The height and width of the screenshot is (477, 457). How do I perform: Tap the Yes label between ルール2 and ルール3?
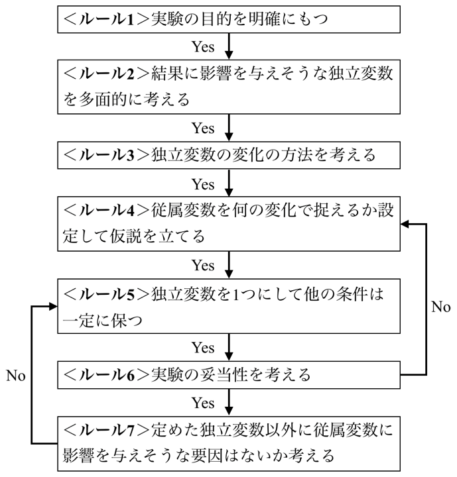click(204, 127)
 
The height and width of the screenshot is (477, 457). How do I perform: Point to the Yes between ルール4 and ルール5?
click(204, 264)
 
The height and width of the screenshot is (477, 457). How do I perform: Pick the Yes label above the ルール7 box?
click(204, 401)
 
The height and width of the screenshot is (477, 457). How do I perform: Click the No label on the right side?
click(440, 307)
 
